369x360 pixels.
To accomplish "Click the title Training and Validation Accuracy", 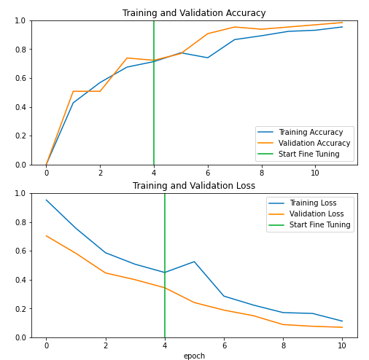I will pos(194,13).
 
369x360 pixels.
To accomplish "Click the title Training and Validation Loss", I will pos(194,186).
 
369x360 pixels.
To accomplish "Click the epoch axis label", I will pos(194,356).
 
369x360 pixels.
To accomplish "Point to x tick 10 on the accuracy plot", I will pos(315,173).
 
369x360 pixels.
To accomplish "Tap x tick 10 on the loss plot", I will pos(343,345).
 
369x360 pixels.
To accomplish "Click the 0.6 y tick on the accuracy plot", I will pos(20,78).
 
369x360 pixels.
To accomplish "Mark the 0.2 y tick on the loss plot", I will pos(20,308).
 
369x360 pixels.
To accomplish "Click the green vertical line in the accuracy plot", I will pos(154,109).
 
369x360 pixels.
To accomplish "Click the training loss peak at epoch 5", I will pos(194,262).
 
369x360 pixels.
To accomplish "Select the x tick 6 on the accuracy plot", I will pos(208,173).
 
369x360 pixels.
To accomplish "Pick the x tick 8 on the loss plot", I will pos(284,345).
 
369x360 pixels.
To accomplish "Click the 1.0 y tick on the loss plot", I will pos(20,194).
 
